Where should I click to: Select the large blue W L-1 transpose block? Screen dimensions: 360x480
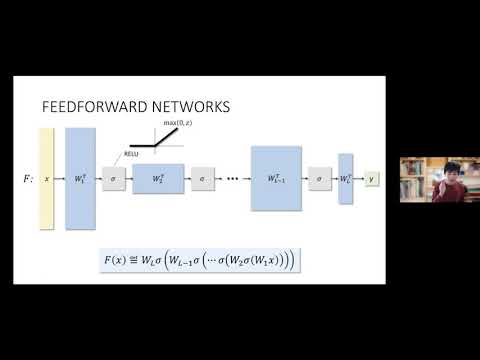pos(275,178)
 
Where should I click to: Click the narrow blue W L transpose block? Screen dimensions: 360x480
pos(345,178)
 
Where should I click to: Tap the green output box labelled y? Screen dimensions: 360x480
pos(372,178)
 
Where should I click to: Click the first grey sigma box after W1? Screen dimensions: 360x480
pos(113,178)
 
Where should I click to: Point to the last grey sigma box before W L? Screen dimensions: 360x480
pos(320,178)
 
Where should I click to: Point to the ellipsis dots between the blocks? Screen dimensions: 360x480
pos(232,179)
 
